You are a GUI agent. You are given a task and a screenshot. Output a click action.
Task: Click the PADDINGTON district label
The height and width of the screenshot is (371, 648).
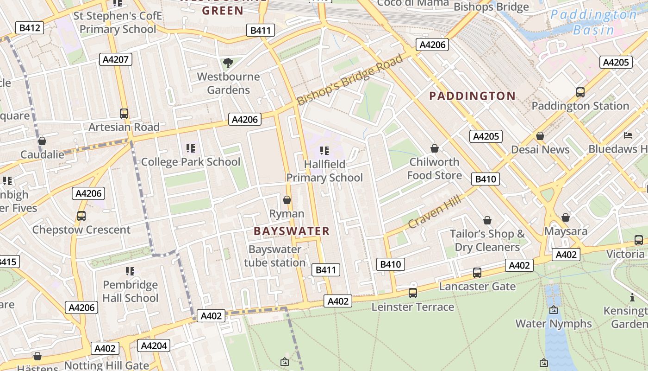click(x=472, y=96)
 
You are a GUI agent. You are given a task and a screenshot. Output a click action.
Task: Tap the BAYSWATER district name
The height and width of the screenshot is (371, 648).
click(x=292, y=231)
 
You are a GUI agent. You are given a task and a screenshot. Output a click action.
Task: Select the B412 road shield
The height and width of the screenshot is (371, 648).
click(x=30, y=28)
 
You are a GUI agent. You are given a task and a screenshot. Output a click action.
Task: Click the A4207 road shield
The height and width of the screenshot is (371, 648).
click(x=116, y=59)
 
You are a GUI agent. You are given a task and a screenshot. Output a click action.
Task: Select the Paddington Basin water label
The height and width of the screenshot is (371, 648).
click(x=593, y=22)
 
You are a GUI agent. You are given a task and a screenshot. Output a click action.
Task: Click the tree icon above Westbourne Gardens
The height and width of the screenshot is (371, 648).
click(x=228, y=63)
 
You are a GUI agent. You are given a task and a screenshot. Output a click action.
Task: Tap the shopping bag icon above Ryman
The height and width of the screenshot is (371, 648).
click(x=287, y=200)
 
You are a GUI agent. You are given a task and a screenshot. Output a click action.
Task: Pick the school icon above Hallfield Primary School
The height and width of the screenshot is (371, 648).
click(x=324, y=150)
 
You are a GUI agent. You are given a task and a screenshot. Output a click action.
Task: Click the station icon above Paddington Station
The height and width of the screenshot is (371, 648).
click(x=580, y=92)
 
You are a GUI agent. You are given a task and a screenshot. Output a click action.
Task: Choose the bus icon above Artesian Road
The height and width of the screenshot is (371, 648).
click(x=124, y=114)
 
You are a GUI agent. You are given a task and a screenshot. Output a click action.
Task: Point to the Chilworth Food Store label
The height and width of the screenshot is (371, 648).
click(x=434, y=168)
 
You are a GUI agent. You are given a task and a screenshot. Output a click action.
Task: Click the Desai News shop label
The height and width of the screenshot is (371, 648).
click(x=540, y=149)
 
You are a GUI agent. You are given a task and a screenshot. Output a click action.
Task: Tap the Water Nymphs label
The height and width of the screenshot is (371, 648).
click(x=554, y=323)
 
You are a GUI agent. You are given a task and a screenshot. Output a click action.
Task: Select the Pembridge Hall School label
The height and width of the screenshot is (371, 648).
click(x=131, y=291)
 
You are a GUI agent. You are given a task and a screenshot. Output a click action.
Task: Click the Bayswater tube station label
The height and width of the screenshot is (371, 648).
click(x=275, y=256)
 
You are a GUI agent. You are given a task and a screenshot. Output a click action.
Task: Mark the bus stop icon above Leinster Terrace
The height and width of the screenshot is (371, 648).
click(x=413, y=293)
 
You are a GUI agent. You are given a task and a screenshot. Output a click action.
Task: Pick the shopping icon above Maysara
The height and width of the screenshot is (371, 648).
click(x=566, y=217)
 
